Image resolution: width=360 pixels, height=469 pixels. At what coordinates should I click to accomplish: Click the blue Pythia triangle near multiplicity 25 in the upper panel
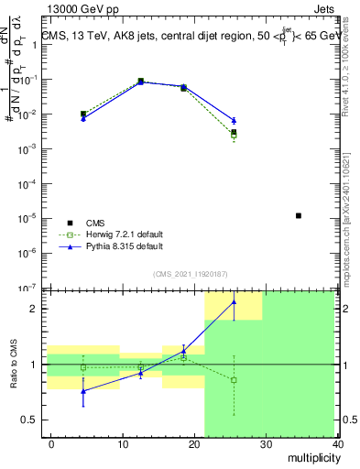234,121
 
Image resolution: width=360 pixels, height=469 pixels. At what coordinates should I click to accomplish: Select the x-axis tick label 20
194,443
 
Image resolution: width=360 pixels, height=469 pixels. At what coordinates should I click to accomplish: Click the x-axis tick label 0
51,443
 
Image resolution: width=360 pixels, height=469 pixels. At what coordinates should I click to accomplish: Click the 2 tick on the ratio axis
35,309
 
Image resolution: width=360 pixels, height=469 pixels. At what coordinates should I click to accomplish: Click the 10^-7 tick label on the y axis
27,288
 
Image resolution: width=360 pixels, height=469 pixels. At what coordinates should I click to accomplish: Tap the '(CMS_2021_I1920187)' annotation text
190,274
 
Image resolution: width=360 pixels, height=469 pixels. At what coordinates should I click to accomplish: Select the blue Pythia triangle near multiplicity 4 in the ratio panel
83,391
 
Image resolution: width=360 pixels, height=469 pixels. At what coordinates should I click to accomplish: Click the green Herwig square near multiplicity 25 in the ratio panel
234,380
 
